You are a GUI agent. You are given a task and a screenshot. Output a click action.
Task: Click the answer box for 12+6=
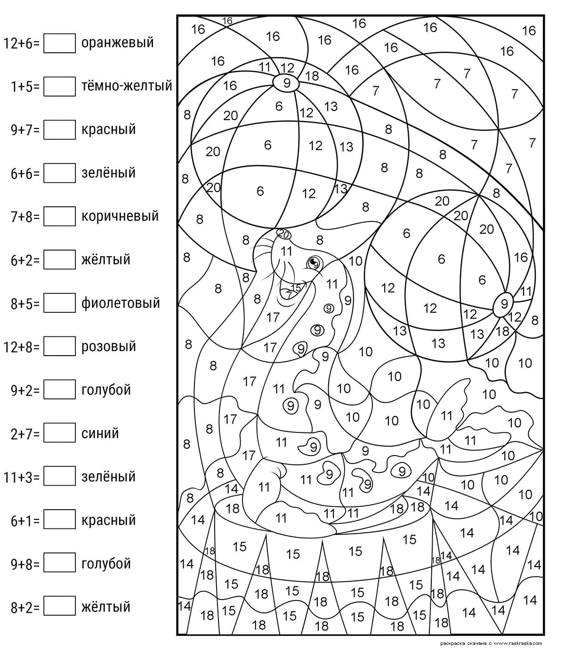59,43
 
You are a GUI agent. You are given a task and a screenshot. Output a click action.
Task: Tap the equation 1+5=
25,86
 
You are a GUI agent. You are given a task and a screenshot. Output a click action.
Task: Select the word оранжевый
118,43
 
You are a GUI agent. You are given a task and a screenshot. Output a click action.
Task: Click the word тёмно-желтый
127,86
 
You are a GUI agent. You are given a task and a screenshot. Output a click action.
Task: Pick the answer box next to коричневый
59,216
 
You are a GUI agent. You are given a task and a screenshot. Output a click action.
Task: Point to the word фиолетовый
121,303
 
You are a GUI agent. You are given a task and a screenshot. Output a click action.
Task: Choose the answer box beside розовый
59,346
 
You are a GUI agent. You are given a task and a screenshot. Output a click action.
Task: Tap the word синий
100,433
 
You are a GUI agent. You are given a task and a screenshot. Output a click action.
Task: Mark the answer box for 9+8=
59,563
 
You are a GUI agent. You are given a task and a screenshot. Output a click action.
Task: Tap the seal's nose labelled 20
283,233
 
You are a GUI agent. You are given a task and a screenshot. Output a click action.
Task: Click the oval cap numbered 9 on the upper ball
286,82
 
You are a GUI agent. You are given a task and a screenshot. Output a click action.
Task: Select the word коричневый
120,216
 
